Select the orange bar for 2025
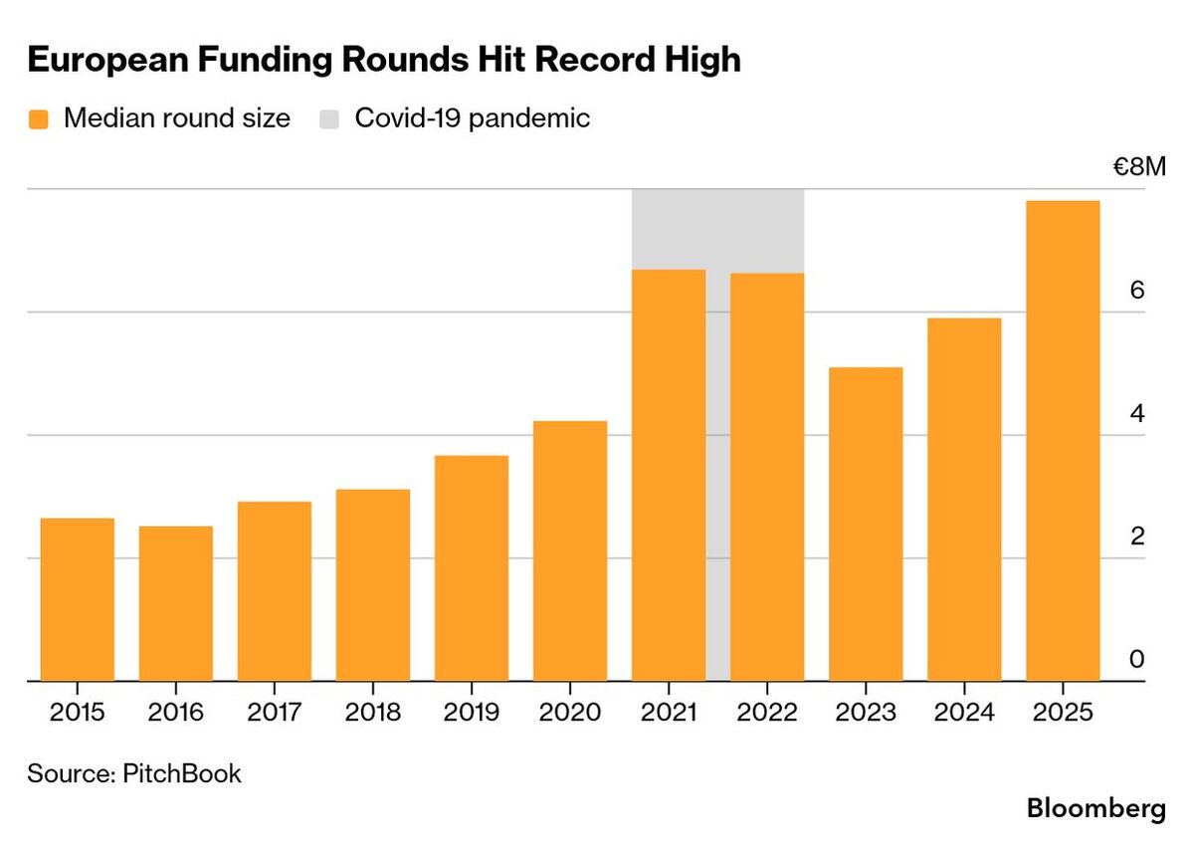pos(1063,441)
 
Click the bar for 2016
pos(176,603)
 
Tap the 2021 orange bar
pos(669,475)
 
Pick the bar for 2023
pos(866,525)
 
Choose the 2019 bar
pos(472,568)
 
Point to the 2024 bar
pos(964,500)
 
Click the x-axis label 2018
pos(373,713)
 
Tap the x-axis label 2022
pos(767,713)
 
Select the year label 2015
pos(78,713)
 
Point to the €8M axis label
pos(1138,167)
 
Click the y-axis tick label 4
pos(1138,414)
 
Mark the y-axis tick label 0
pos(1138,660)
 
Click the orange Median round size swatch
pos(39,119)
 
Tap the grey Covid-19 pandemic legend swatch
pos(330,119)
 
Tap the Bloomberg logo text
pos(1095,808)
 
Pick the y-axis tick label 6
pos(1138,291)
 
